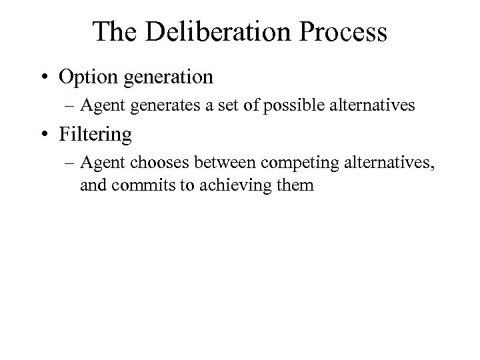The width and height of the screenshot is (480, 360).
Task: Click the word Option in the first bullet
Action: [x=85, y=77]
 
